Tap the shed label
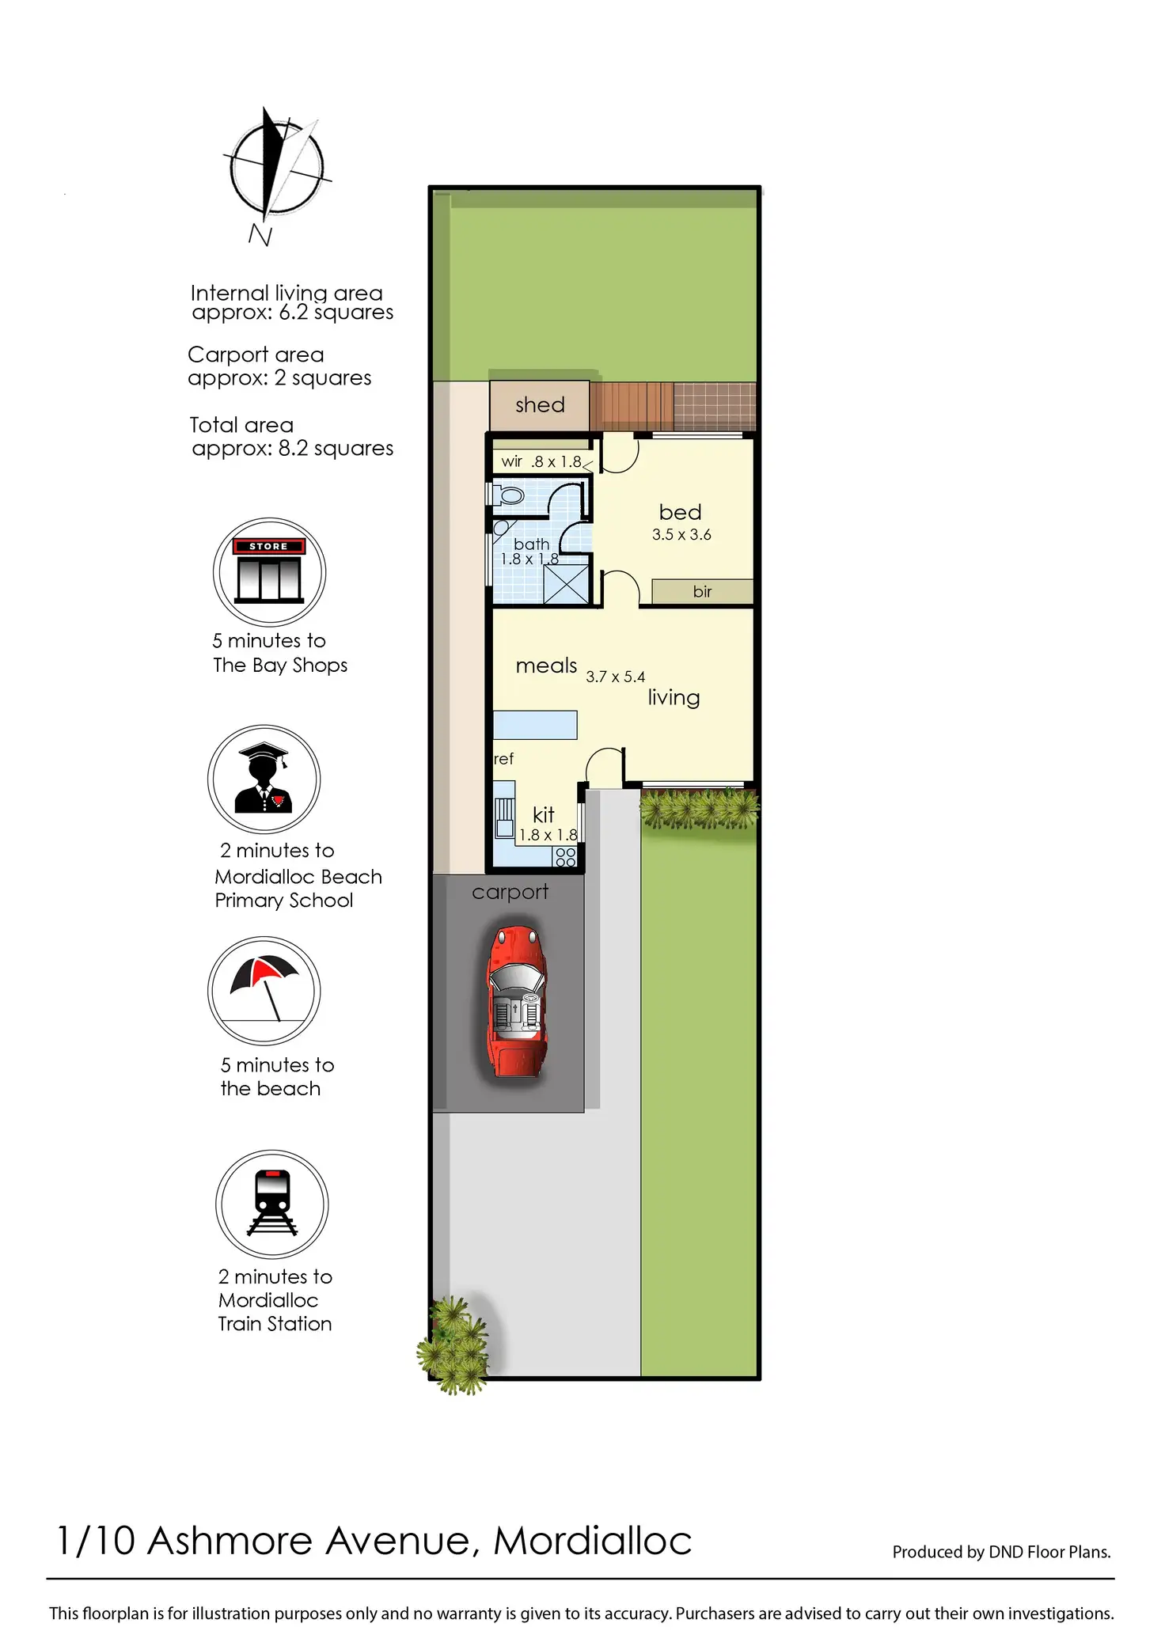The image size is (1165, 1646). (540, 405)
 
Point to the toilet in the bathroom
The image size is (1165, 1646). (509, 495)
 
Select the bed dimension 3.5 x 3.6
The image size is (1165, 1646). (681, 535)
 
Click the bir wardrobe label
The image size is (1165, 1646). (702, 591)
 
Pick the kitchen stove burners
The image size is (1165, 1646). (565, 856)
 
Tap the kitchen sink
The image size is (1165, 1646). (504, 817)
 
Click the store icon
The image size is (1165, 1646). (269, 571)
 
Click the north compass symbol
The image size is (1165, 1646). (275, 166)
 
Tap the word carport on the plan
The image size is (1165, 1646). (510, 892)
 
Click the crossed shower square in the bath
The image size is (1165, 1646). (567, 585)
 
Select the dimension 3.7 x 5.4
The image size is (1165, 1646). (615, 677)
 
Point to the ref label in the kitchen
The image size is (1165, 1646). (503, 759)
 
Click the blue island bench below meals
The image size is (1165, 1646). (535, 725)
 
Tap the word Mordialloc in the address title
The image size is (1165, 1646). (593, 1540)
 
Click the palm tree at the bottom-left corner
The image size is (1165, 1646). (453, 1344)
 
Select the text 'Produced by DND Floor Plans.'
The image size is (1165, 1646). (1002, 1552)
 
